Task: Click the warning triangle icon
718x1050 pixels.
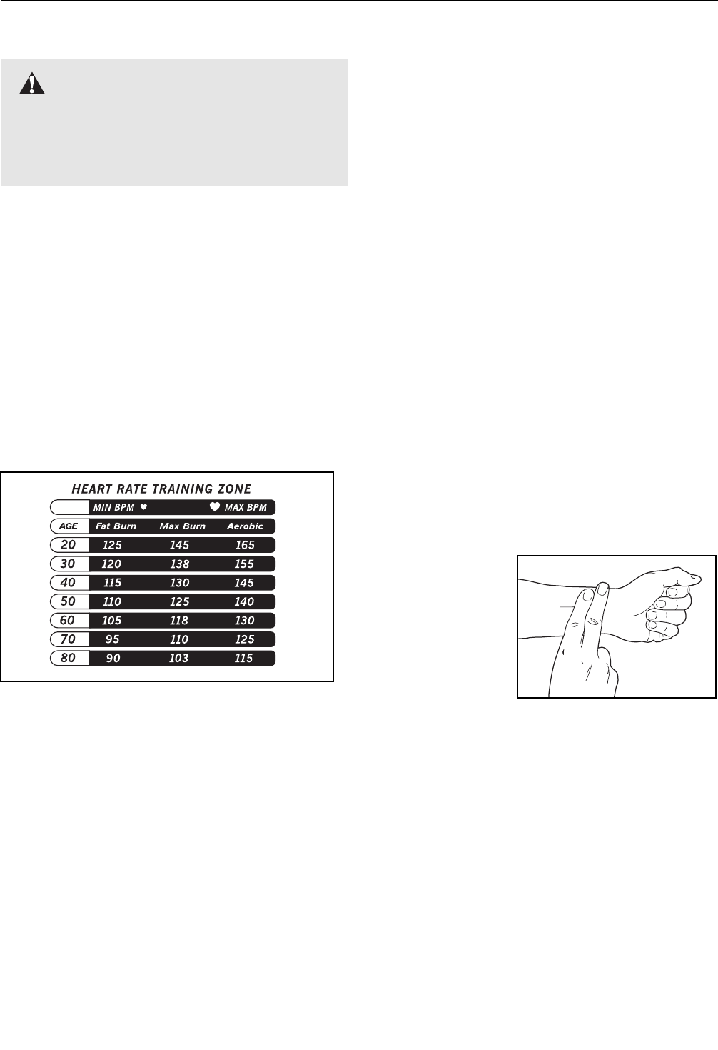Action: pos(31,85)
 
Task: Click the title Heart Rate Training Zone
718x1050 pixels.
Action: pos(161,489)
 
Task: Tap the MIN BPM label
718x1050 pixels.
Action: pos(114,508)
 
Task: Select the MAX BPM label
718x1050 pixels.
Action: pos(246,508)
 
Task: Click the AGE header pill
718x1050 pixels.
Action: pos(69,526)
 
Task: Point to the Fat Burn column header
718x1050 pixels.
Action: pos(116,526)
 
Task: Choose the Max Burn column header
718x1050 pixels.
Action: pos(182,526)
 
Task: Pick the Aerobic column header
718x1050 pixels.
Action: pos(245,526)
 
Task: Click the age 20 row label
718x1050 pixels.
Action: pos(69,545)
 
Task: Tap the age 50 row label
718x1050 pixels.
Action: pos(69,601)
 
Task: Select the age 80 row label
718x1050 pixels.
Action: pos(69,658)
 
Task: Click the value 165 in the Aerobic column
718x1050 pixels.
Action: pos(245,545)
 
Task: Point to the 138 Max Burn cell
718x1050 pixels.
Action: pos(179,564)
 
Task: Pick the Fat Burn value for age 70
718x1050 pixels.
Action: pos(112,639)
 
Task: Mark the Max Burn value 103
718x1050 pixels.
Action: pos(178,658)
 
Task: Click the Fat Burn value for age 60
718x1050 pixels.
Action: pos(111,621)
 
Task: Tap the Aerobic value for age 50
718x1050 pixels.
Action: pos(244,601)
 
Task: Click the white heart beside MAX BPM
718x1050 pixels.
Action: pos(214,507)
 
